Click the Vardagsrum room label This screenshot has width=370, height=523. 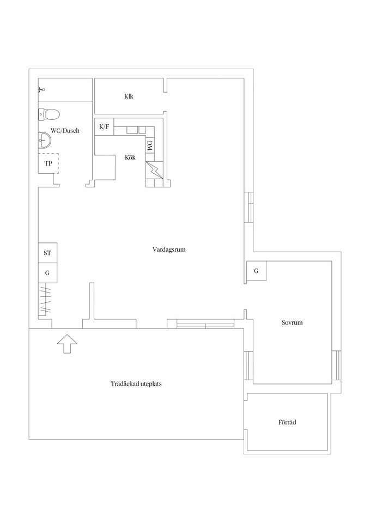(x=169, y=250)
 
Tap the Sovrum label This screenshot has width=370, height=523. (x=292, y=323)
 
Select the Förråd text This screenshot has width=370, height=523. (x=287, y=422)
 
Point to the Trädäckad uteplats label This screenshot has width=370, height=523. (x=136, y=384)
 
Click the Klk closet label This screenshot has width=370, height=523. (x=129, y=96)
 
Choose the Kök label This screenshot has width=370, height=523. (x=130, y=157)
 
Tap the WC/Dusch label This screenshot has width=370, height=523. (x=65, y=130)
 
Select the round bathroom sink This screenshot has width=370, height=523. (x=44, y=141)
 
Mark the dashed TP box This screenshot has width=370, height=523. (x=48, y=163)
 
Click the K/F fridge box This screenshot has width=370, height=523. (x=105, y=127)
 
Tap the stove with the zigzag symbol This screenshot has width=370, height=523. (x=154, y=170)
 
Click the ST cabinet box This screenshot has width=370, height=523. (x=47, y=253)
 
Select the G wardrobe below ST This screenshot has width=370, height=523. (x=47, y=273)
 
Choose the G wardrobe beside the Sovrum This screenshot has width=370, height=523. (x=256, y=271)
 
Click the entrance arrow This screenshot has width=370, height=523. (x=67, y=343)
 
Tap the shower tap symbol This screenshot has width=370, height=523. (x=41, y=89)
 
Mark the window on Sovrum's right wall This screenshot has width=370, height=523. (x=337, y=366)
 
